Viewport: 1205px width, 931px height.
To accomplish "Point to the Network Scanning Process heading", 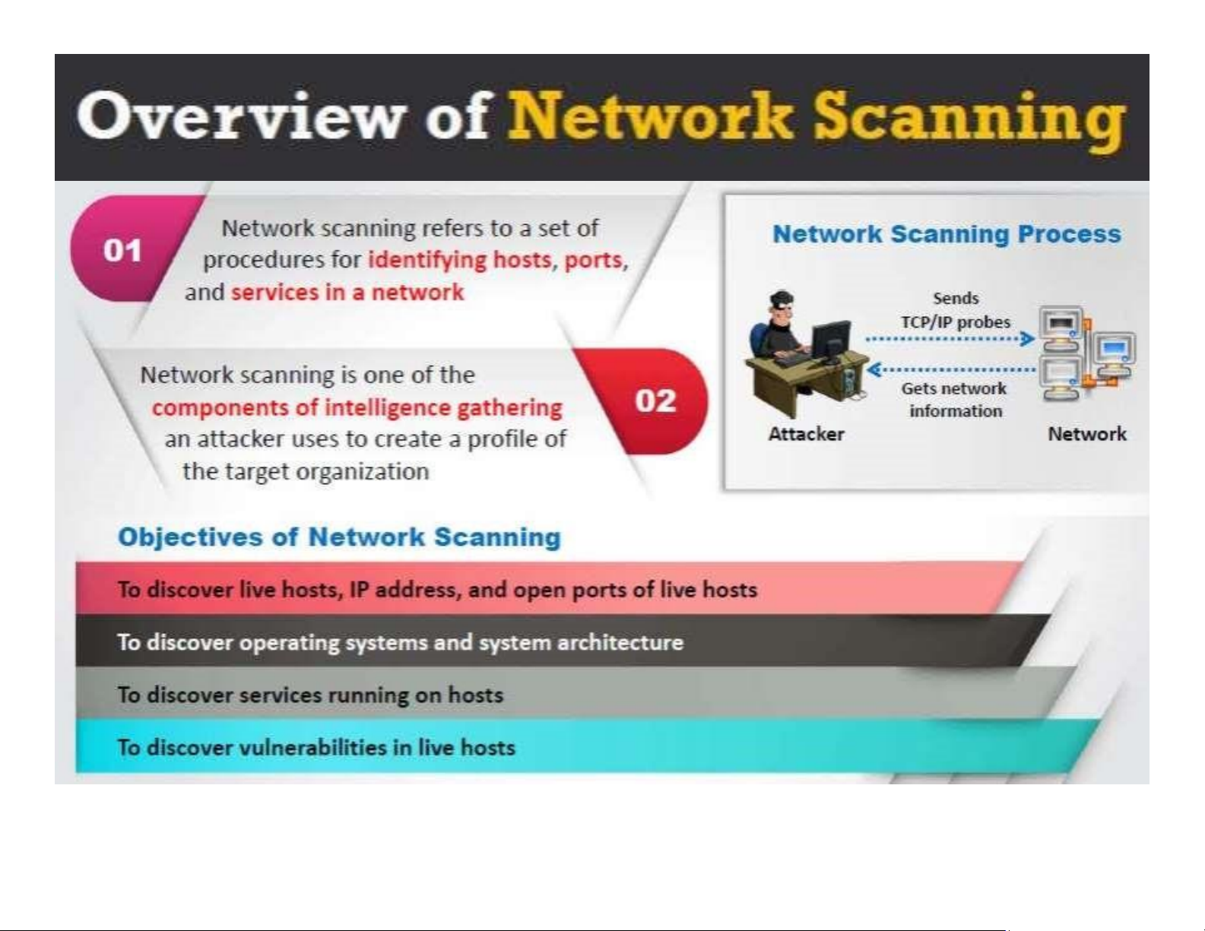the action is [x=947, y=234].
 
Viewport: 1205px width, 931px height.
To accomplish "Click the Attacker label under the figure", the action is [x=806, y=434].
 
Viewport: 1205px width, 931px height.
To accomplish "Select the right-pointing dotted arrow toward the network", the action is [x=950, y=338].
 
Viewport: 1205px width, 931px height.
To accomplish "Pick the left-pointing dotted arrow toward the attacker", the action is [x=950, y=369].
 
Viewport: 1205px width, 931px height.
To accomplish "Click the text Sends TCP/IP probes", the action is [x=956, y=310].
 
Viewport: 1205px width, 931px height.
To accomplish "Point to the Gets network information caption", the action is [x=954, y=400].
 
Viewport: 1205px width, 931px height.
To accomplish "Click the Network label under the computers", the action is [x=1087, y=434].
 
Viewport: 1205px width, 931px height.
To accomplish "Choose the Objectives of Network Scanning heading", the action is [x=339, y=537].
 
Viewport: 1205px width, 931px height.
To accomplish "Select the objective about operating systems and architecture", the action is [x=401, y=643].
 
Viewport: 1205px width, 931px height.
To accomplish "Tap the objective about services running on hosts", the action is [x=310, y=695].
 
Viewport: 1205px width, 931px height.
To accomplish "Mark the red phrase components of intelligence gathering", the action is [x=357, y=408].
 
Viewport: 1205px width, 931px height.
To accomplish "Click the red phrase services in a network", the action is [x=347, y=292].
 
